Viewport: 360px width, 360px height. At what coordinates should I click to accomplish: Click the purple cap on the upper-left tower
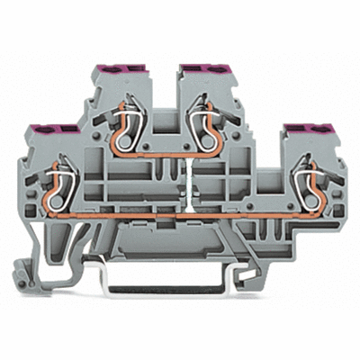[116, 68]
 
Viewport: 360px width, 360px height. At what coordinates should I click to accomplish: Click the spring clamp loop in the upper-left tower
[122, 125]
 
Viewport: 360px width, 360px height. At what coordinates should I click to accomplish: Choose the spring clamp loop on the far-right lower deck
[297, 179]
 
